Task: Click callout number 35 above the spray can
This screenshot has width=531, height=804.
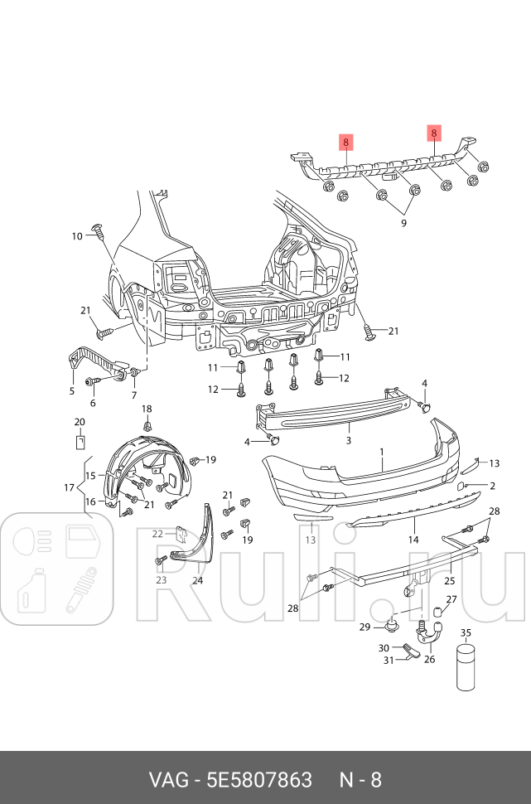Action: (466, 632)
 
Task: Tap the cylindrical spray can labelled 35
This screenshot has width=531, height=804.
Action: (466, 666)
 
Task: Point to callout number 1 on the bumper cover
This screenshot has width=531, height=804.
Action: (382, 453)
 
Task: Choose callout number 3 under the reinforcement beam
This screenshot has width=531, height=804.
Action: (349, 440)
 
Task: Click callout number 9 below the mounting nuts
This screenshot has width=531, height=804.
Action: (403, 223)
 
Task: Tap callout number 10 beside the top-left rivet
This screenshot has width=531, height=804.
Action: (76, 236)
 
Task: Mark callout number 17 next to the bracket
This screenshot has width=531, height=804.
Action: (70, 488)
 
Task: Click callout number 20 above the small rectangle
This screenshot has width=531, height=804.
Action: (80, 422)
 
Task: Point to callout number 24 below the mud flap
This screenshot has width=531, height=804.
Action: (197, 580)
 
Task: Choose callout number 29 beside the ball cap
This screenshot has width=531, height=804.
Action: (364, 627)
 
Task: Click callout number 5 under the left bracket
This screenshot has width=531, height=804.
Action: (72, 391)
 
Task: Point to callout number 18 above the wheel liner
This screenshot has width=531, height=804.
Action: (147, 409)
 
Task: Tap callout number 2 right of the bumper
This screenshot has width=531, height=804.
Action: (492, 486)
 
